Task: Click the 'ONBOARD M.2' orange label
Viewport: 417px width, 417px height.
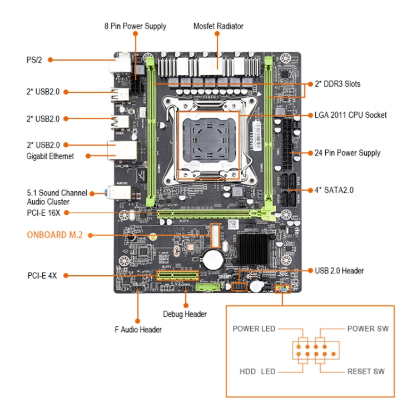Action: point(54,235)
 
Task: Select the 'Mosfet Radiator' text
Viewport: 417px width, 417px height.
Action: point(218,26)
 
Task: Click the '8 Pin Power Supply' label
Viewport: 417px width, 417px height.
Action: point(135,26)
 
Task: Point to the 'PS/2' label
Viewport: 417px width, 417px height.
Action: point(34,59)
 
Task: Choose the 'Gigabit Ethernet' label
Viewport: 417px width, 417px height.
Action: point(50,156)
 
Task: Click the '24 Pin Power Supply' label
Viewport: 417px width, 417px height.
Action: point(347,153)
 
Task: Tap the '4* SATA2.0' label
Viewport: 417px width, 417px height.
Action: point(334,190)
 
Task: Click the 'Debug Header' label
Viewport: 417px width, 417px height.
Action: point(185,314)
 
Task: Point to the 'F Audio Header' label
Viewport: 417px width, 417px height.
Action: point(138,330)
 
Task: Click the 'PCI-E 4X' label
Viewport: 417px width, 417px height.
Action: point(42,275)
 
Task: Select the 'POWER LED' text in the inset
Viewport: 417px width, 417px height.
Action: point(254,329)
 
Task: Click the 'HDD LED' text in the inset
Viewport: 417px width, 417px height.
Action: point(257,371)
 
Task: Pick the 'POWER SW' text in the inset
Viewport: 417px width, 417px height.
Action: point(368,329)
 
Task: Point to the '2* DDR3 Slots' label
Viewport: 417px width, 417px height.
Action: point(337,84)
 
